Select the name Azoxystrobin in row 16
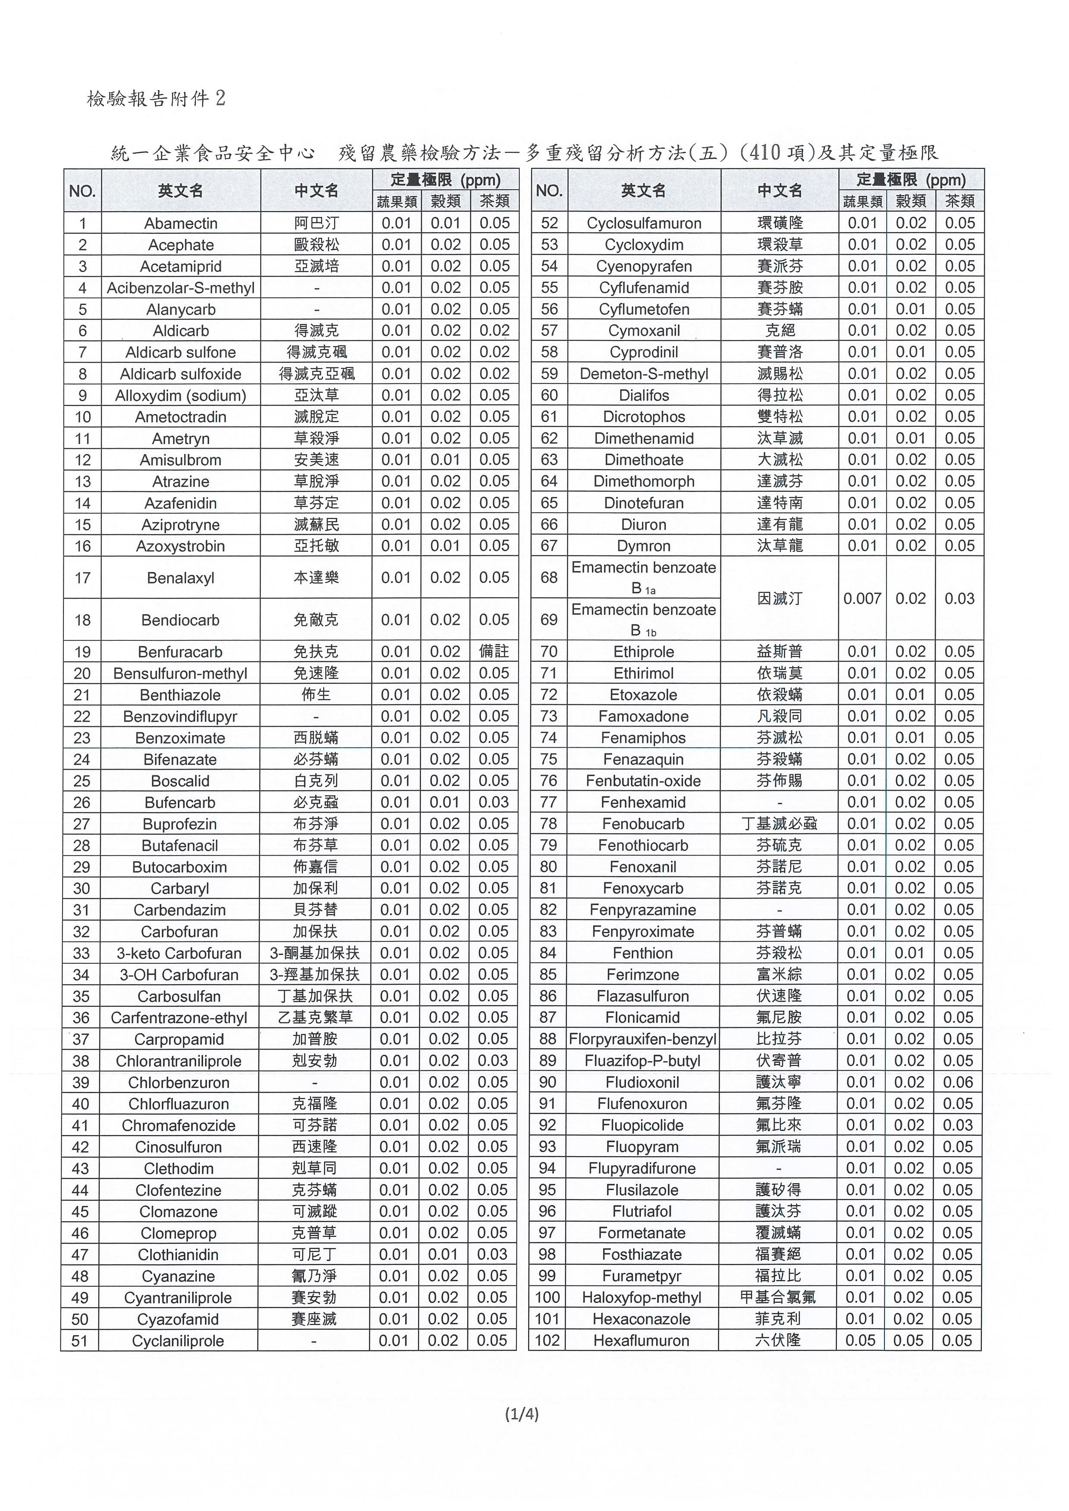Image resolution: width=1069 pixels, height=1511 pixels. click(180, 546)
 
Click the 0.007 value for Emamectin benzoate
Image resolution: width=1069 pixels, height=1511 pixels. click(861, 598)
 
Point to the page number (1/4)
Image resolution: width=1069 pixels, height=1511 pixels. click(521, 1414)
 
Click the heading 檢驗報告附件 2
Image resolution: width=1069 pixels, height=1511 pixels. click(156, 99)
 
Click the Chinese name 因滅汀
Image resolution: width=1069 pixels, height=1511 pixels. click(780, 598)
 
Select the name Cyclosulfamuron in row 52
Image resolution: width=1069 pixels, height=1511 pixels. click(644, 223)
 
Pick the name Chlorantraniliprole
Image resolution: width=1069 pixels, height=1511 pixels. click(179, 1061)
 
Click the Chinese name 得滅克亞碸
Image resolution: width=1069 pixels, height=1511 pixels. click(317, 374)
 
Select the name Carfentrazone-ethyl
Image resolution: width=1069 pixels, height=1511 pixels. click(179, 1017)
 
